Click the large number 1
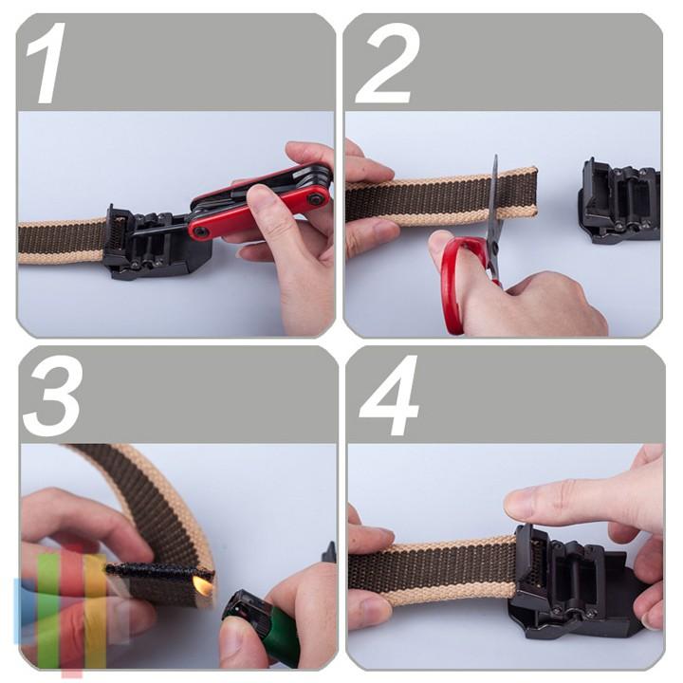pos(46,64)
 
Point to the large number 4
pos(389,396)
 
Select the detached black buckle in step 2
pos(619,201)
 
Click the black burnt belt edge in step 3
pos(159,570)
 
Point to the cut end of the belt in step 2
pos(534,195)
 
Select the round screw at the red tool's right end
pos(314,199)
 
